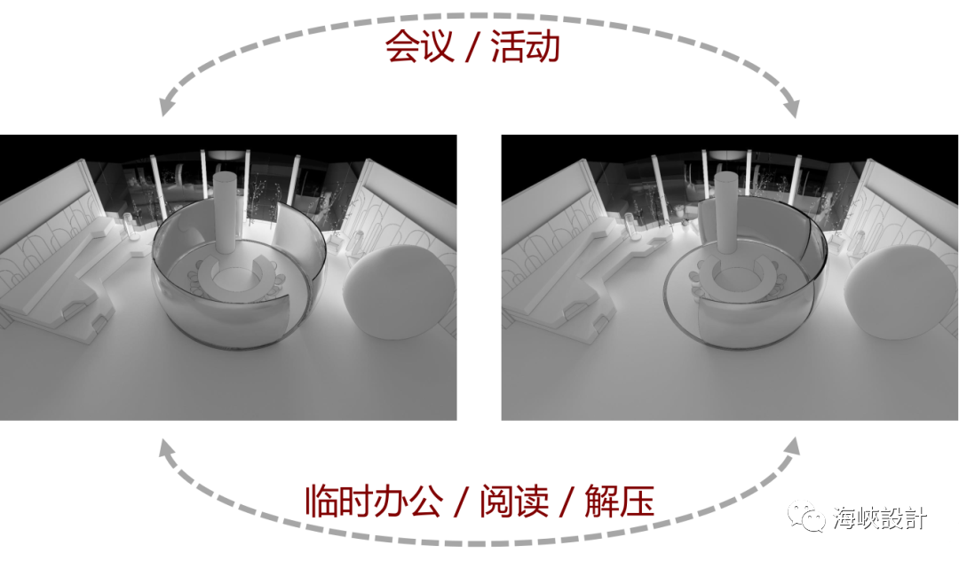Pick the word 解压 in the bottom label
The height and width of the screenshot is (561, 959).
[x=619, y=502]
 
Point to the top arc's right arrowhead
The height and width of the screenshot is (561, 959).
[x=792, y=108]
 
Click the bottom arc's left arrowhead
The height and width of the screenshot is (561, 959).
[x=166, y=449]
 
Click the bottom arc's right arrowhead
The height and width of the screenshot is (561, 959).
[x=791, y=449]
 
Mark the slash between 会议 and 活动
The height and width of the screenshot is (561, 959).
[x=472, y=47]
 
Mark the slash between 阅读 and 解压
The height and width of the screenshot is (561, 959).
[x=565, y=502]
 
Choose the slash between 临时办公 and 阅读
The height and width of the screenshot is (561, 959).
[x=459, y=502]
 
